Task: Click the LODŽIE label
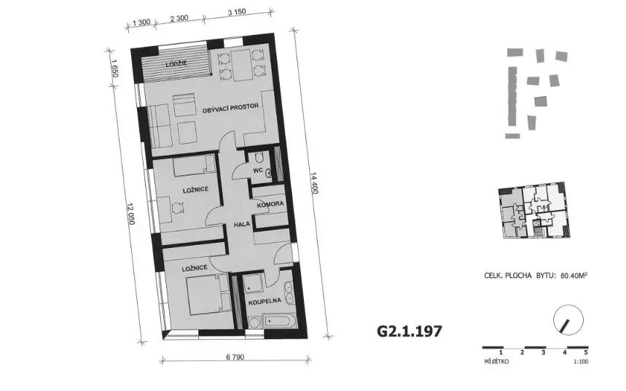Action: (176, 64)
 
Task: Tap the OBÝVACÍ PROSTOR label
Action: (230, 107)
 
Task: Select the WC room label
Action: (257, 170)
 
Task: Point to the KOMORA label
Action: (270, 204)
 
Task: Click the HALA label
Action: (242, 224)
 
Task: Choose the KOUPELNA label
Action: (265, 301)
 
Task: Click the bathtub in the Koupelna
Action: (280, 321)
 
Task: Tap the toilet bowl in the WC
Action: (259, 158)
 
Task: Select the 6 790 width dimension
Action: (235, 357)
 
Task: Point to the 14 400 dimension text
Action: (314, 183)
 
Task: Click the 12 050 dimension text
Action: (130, 214)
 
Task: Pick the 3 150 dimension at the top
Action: (237, 12)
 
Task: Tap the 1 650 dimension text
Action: (114, 68)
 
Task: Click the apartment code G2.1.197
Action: (410, 331)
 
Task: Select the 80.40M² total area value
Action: (574, 276)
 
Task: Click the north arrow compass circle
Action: (568, 320)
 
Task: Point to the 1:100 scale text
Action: (581, 362)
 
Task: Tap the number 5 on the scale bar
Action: (586, 352)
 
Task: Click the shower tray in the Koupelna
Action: (253, 284)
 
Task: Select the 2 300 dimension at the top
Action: (179, 18)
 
